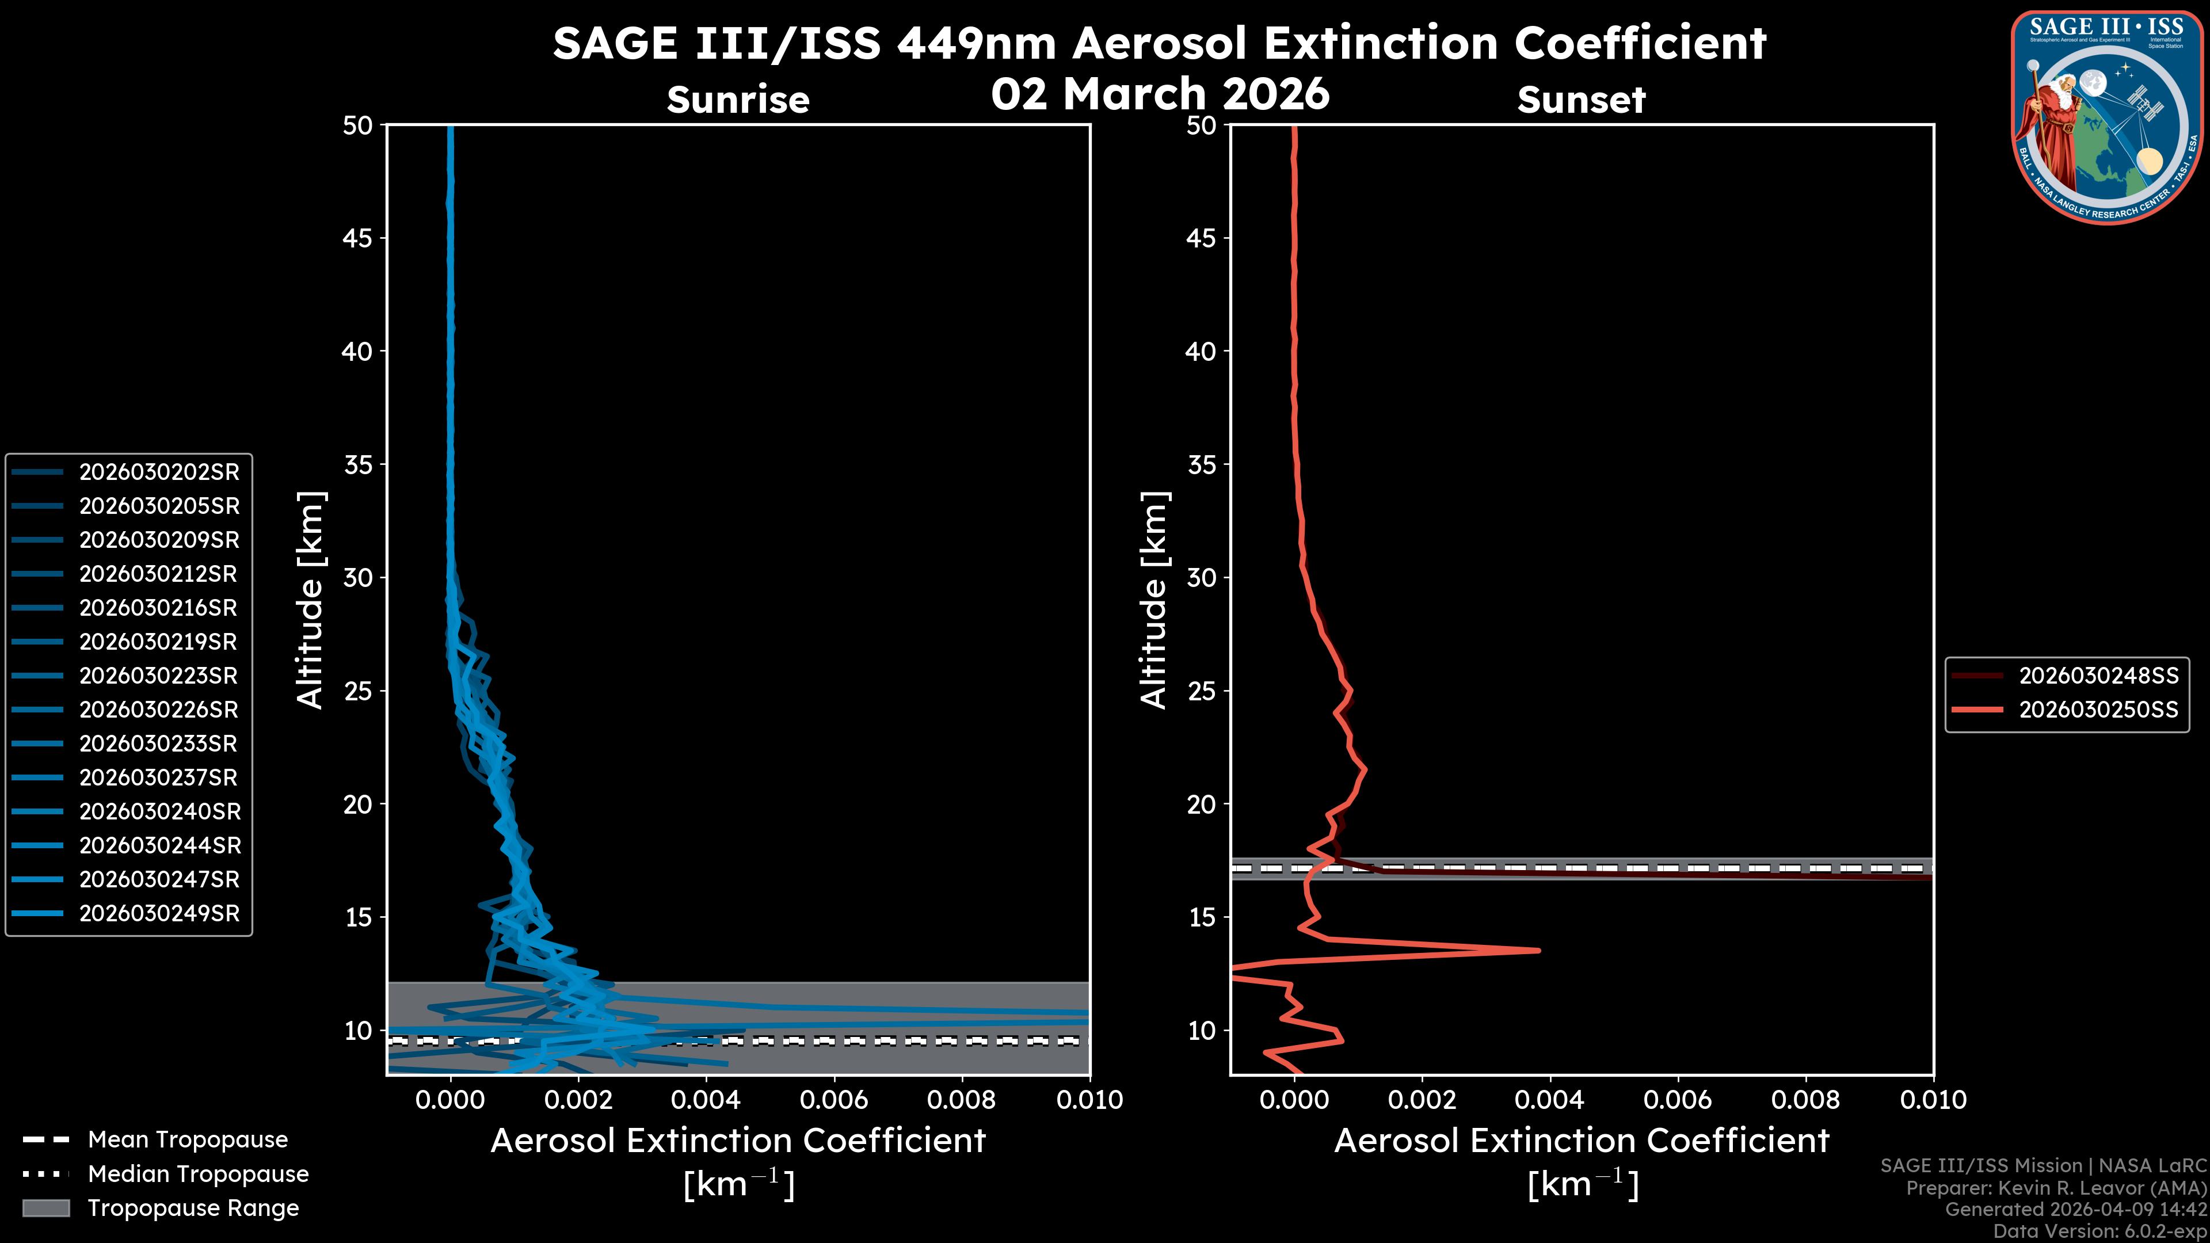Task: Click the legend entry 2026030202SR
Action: pos(159,472)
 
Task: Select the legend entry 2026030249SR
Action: pos(159,914)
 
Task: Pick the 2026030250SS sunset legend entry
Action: pos(2098,710)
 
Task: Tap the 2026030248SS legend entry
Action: pos(2098,676)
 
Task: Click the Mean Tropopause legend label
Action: pos(187,1140)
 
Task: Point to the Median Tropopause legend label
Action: pos(197,1175)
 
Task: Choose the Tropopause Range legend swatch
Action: pos(46,1208)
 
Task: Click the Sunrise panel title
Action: pos(738,100)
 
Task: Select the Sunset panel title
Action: pos(1581,100)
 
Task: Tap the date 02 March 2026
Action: pos(1160,93)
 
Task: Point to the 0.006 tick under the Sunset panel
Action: pos(1677,1100)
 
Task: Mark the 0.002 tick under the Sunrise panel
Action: pos(578,1100)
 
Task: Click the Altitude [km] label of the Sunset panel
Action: pos(1154,600)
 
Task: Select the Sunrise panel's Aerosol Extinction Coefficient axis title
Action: pos(738,1142)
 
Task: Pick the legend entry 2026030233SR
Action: pos(159,743)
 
